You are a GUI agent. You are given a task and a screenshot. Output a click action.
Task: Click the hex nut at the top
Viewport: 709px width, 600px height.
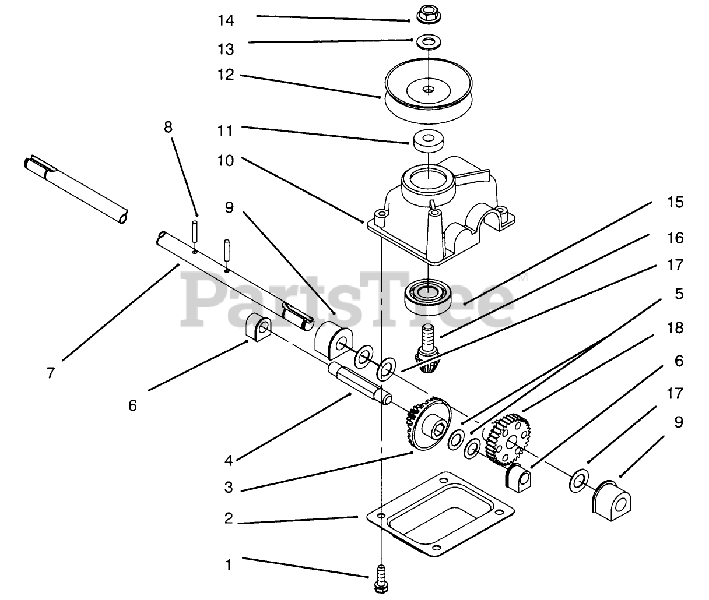tap(427, 14)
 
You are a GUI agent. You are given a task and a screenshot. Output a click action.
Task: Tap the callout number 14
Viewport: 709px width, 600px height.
tap(225, 20)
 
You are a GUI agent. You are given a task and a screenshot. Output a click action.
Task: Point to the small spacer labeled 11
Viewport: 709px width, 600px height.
tap(427, 140)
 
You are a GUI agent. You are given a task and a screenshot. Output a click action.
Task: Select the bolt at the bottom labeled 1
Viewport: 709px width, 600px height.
tap(381, 576)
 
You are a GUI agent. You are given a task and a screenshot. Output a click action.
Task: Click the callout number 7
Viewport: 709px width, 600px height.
tap(51, 372)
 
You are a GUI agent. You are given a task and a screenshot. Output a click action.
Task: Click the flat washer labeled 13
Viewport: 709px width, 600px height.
tap(429, 41)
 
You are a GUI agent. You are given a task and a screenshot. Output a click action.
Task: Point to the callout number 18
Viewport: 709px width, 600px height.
tap(675, 327)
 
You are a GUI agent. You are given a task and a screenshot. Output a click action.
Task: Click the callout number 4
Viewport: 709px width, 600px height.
tap(229, 460)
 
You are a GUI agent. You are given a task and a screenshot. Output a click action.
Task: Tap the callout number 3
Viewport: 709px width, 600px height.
tap(229, 487)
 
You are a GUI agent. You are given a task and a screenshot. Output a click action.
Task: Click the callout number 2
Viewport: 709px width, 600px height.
tap(229, 518)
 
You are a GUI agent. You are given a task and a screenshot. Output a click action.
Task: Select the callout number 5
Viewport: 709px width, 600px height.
tap(679, 294)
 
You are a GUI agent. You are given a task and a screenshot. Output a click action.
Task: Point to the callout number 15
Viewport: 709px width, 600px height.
tap(675, 203)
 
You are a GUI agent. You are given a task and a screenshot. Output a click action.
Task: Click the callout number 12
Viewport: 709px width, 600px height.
tap(225, 75)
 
